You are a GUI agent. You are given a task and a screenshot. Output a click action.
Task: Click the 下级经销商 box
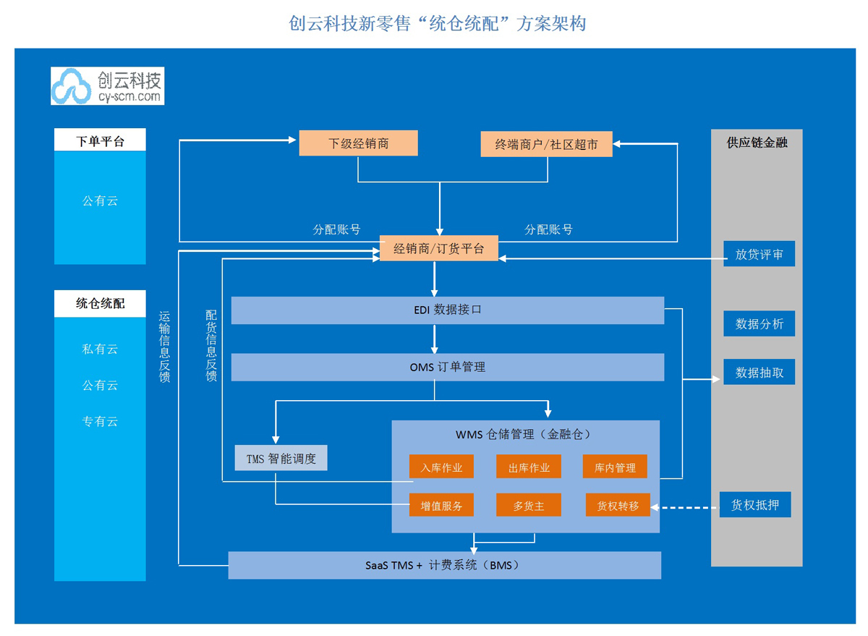(x=358, y=143)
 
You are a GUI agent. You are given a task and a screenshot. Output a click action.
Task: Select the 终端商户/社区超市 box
(x=546, y=144)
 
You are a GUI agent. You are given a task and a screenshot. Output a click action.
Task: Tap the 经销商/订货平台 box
(x=439, y=249)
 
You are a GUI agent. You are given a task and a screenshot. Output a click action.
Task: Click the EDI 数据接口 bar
(x=447, y=310)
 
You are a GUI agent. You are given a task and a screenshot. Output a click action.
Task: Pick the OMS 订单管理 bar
(x=447, y=367)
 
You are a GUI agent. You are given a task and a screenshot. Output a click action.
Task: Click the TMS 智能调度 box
(x=281, y=458)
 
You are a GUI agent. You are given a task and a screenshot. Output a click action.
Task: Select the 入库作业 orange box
(x=441, y=467)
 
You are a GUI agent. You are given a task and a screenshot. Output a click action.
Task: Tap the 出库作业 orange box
(x=528, y=467)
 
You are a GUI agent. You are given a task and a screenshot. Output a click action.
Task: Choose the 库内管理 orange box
(x=615, y=467)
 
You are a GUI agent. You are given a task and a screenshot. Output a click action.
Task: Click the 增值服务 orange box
(x=441, y=505)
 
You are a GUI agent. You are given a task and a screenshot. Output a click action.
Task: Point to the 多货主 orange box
(x=528, y=505)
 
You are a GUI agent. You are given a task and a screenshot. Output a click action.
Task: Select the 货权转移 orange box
(x=618, y=505)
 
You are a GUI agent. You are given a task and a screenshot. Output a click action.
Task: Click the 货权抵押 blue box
(x=754, y=504)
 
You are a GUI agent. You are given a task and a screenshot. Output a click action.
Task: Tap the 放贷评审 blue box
(x=759, y=254)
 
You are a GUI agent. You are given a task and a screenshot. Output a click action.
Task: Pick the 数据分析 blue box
(x=759, y=323)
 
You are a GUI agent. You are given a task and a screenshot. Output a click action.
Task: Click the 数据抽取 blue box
(x=759, y=372)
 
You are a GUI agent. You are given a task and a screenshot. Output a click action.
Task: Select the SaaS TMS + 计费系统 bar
(x=444, y=565)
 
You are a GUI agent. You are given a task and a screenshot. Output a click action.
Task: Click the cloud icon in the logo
(x=72, y=86)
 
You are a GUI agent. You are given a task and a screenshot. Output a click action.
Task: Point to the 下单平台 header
(x=100, y=140)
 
